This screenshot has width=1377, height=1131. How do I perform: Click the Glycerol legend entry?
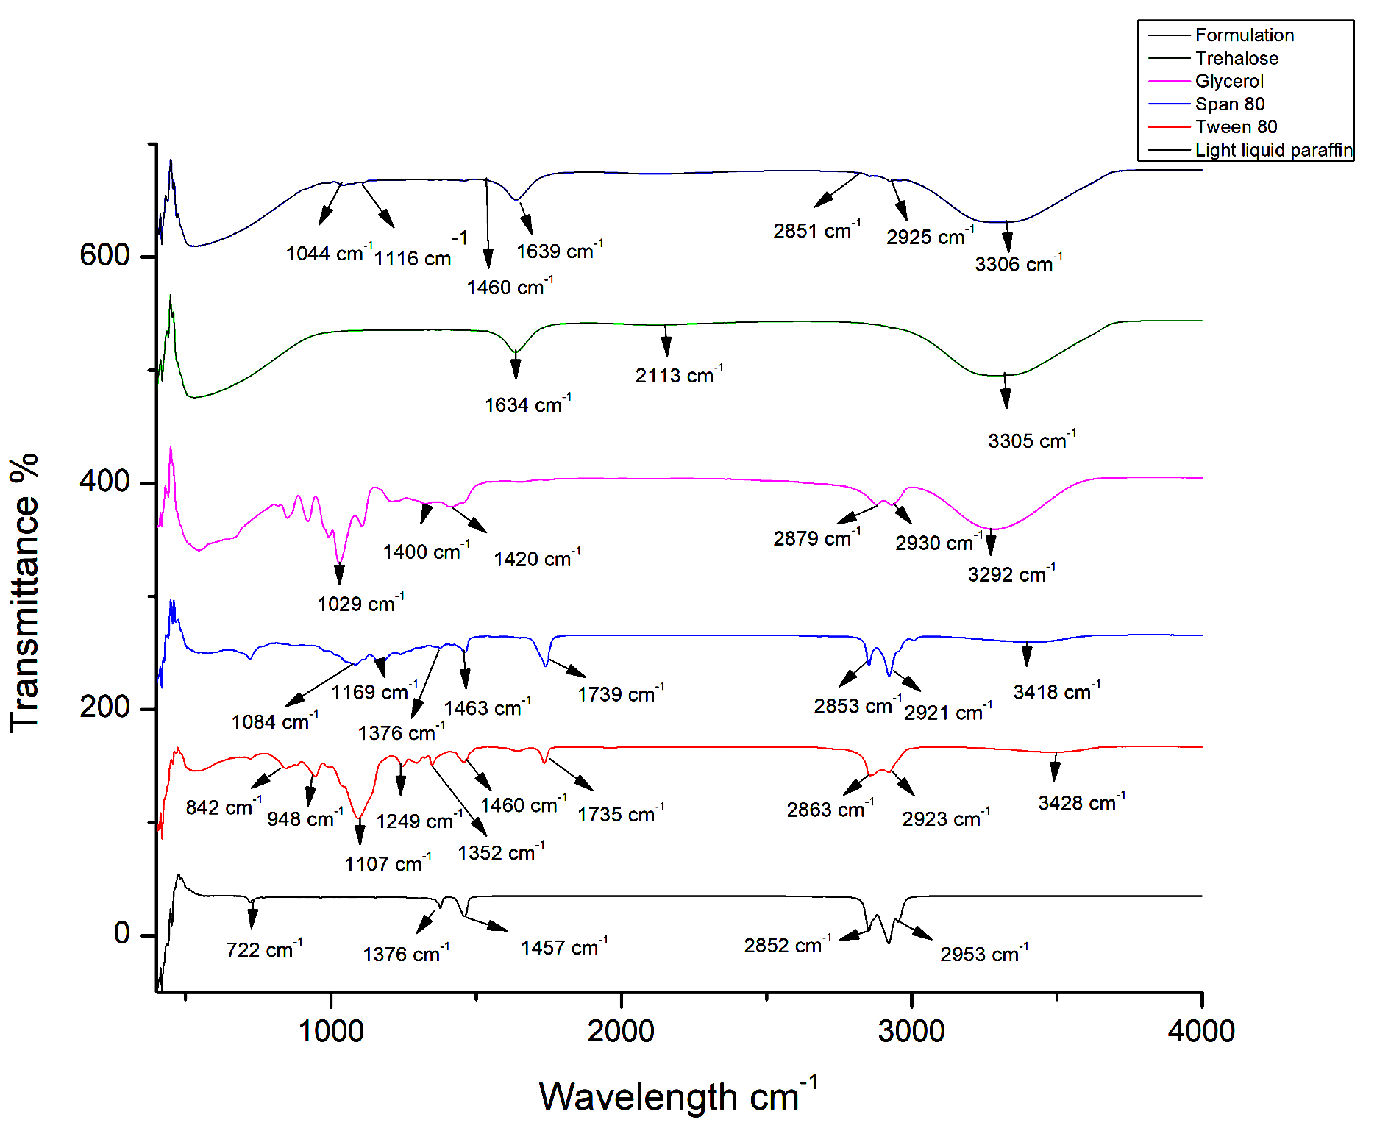pos(1228,81)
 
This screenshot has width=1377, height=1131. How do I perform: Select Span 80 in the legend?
pos(1229,104)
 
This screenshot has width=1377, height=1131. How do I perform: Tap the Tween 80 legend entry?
pos(1236,126)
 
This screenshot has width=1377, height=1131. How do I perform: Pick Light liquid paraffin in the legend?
pos(1273,150)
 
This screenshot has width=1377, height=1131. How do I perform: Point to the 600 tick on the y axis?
pos(104,255)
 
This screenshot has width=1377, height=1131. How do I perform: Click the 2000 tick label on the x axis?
pos(621,1031)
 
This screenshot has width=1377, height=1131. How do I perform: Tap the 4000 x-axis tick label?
pos(1200,1031)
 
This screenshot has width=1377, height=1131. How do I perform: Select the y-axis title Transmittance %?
pos(24,593)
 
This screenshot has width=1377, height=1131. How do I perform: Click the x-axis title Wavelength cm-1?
pos(677,1095)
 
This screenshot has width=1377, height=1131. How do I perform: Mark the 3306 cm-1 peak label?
pos(1018,263)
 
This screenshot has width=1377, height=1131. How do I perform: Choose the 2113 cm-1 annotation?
pos(679,375)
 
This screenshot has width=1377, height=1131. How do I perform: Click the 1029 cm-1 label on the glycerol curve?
pos(360,604)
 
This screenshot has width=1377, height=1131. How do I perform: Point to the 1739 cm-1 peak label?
pos(621,693)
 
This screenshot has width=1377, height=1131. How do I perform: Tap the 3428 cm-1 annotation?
pos(1081,802)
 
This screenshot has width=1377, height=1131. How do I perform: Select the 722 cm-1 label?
pos(264,949)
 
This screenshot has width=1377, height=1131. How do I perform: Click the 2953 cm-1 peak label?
pos(984,954)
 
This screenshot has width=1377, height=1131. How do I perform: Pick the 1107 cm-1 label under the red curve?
pos(388,863)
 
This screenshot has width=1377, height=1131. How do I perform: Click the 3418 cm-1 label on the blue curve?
pos(1056,691)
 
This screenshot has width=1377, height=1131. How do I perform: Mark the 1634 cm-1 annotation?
pos(527,404)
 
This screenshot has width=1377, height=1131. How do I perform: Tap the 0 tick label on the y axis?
pos(122,933)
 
